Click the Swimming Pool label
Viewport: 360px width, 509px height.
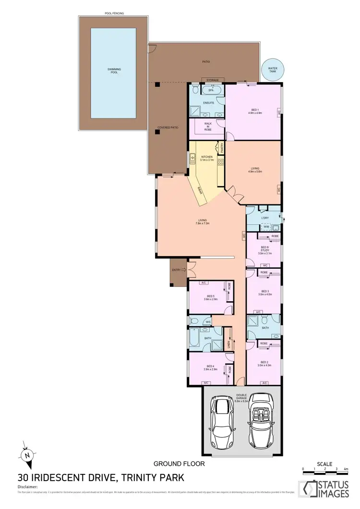pyautogui.click(x=114, y=71)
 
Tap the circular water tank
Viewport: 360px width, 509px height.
pyautogui.click(x=273, y=70)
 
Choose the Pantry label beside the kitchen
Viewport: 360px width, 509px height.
pyautogui.click(x=222, y=149)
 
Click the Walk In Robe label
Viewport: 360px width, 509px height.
pyautogui.click(x=208, y=126)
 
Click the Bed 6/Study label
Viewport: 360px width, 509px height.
pyautogui.click(x=264, y=249)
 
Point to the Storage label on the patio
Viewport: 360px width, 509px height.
pyautogui.click(x=212, y=80)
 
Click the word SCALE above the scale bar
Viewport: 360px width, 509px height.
pyautogui.click(x=325, y=464)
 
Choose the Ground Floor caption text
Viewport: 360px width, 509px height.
pyautogui.click(x=179, y=464)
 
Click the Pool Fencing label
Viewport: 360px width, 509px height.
pyautogui.click(x=114, y=13)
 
